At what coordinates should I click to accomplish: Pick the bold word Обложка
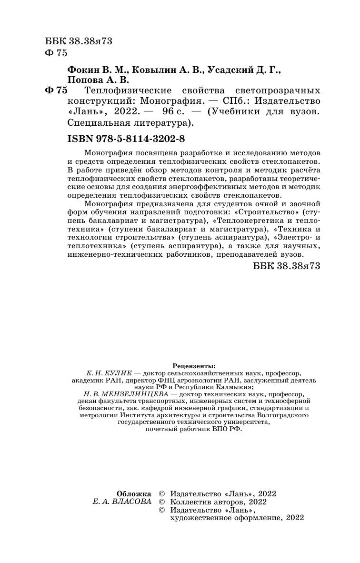pos(134,493)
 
